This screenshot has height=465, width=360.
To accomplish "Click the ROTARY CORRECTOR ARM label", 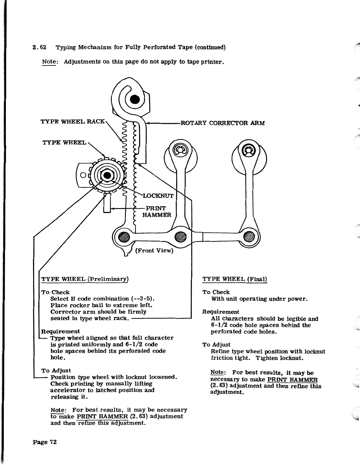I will coord(222,123).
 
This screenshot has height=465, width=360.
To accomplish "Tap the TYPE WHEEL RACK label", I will coord(72,121).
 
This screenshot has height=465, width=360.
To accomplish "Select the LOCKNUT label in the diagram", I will coord(158,196).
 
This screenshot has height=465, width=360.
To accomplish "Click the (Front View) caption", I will coord(154,250).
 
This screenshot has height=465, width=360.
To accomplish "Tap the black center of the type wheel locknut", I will coord(108,176).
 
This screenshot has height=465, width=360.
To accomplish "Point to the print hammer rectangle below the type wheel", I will coord(107,203).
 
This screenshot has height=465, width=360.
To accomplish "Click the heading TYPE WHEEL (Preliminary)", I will coord(85,279).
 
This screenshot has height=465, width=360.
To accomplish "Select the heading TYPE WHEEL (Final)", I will coord(235,279).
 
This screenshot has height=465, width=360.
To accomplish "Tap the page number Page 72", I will coord(45,442).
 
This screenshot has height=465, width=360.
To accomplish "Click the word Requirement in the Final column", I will coord(221,312).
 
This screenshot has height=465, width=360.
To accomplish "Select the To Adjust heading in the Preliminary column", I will coord(56,370).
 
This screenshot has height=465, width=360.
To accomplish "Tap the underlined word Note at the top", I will coord(49,62).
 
